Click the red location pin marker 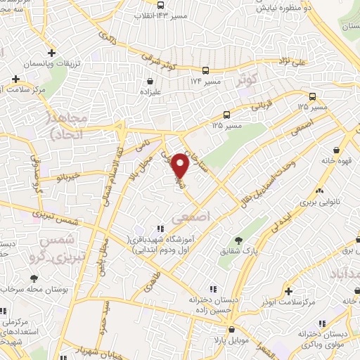coord(181,165)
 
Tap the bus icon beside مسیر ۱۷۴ coord(205,71)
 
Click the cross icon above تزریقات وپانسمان coord(51,53)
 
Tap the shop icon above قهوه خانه coord(337,149)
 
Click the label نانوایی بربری coord(320,201)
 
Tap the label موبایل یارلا coord(231,339)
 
